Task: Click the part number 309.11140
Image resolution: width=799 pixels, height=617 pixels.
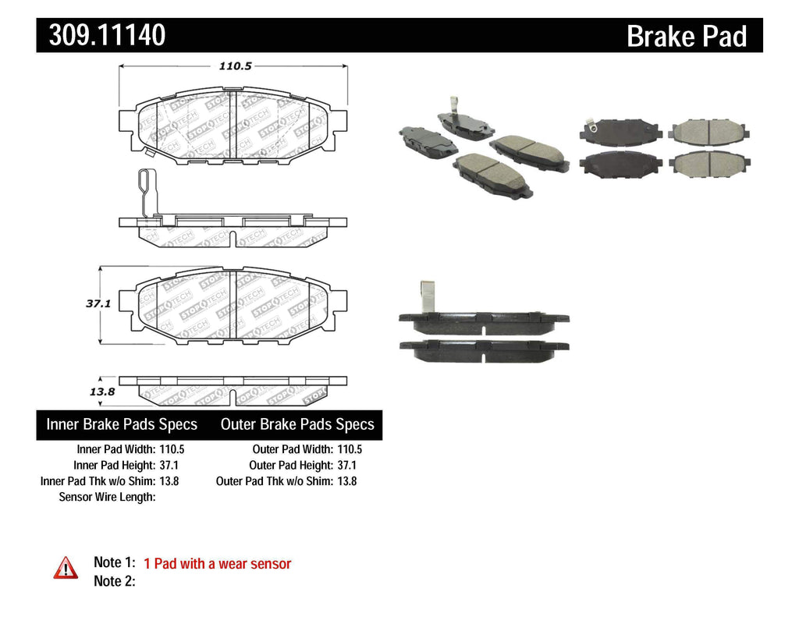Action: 107,35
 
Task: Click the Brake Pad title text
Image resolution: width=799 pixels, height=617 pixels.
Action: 686,37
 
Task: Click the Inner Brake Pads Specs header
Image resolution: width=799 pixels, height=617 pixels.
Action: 122,425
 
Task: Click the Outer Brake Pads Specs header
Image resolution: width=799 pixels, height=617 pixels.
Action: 297,425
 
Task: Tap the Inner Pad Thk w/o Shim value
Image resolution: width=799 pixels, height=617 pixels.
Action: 169,481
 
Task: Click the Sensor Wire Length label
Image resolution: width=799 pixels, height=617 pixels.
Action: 108,497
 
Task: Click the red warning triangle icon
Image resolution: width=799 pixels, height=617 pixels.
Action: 66,568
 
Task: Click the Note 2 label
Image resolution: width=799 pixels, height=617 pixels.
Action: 114,581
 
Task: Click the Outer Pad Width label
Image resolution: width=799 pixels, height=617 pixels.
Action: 292,449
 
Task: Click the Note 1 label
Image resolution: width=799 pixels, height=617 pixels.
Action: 114,562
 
